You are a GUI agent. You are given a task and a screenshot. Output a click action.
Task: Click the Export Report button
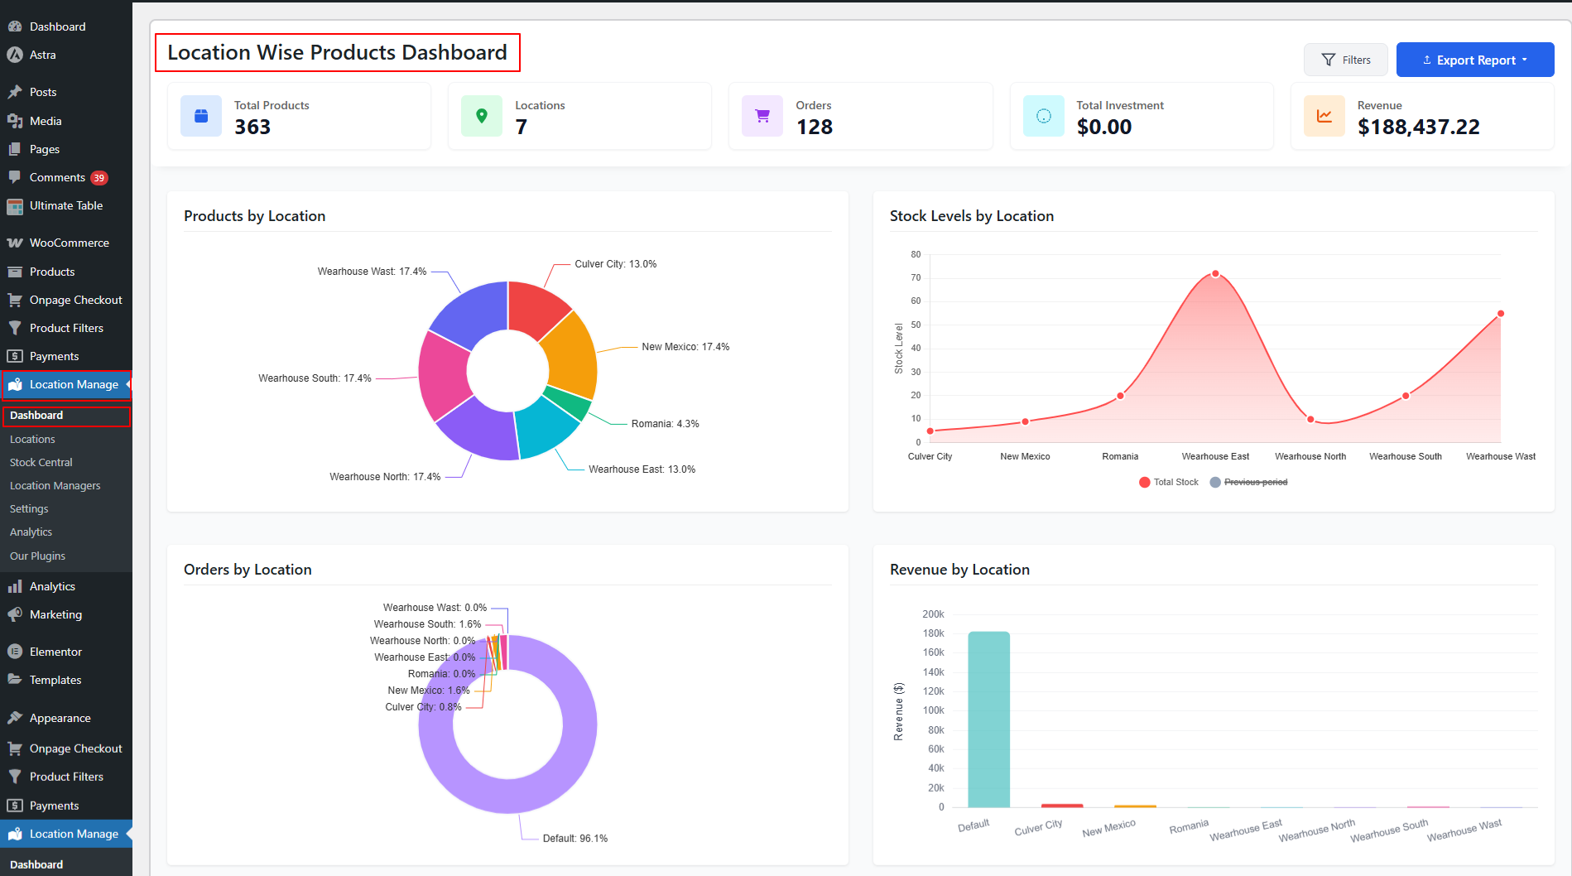tap(1474, 60)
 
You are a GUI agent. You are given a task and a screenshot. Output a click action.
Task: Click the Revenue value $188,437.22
tap(1418, 127)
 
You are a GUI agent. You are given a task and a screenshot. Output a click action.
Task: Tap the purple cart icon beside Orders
tap(762, 116)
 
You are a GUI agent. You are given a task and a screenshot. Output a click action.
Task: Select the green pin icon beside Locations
tap(481, 116)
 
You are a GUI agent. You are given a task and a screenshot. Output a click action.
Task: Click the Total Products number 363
tap(252, 127)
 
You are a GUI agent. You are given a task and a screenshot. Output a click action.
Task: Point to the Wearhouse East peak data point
tap(1215, 274)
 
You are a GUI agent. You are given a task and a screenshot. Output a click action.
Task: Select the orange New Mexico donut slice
tap(570, 356)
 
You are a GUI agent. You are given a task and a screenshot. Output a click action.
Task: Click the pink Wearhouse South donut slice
tap(443, 374)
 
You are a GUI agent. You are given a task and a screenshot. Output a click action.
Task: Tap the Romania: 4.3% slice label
tap(665, 424)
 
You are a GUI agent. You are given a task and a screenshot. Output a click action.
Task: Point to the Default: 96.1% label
tap(574, 839)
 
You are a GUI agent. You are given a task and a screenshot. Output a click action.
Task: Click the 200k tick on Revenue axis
tap(933, 614)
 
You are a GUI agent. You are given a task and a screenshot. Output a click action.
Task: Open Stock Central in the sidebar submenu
tap(41, 462)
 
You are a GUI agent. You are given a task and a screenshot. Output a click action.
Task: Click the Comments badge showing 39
tap(99, 178)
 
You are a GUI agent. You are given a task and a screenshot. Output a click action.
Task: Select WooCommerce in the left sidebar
tap(69, 243)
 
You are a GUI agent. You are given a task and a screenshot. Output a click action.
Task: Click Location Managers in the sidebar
tap(55, 485)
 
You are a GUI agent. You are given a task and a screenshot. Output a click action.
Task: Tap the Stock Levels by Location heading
tap(971, 216)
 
